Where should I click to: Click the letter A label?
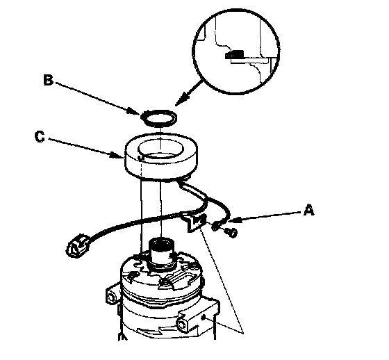coord(309,210)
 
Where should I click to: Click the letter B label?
coord(48,80)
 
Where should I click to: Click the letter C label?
coord(40,137)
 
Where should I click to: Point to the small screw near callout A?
coord(231,233)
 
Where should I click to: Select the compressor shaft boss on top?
coord(161,253)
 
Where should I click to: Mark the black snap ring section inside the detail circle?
coord(235,54)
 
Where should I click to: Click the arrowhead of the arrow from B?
coord(133,111)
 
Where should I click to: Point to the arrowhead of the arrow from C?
coord(117,156)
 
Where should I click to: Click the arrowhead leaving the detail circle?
coord(181,99)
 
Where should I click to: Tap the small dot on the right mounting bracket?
coord(203,317)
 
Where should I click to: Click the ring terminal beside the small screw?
coord(215,226)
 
